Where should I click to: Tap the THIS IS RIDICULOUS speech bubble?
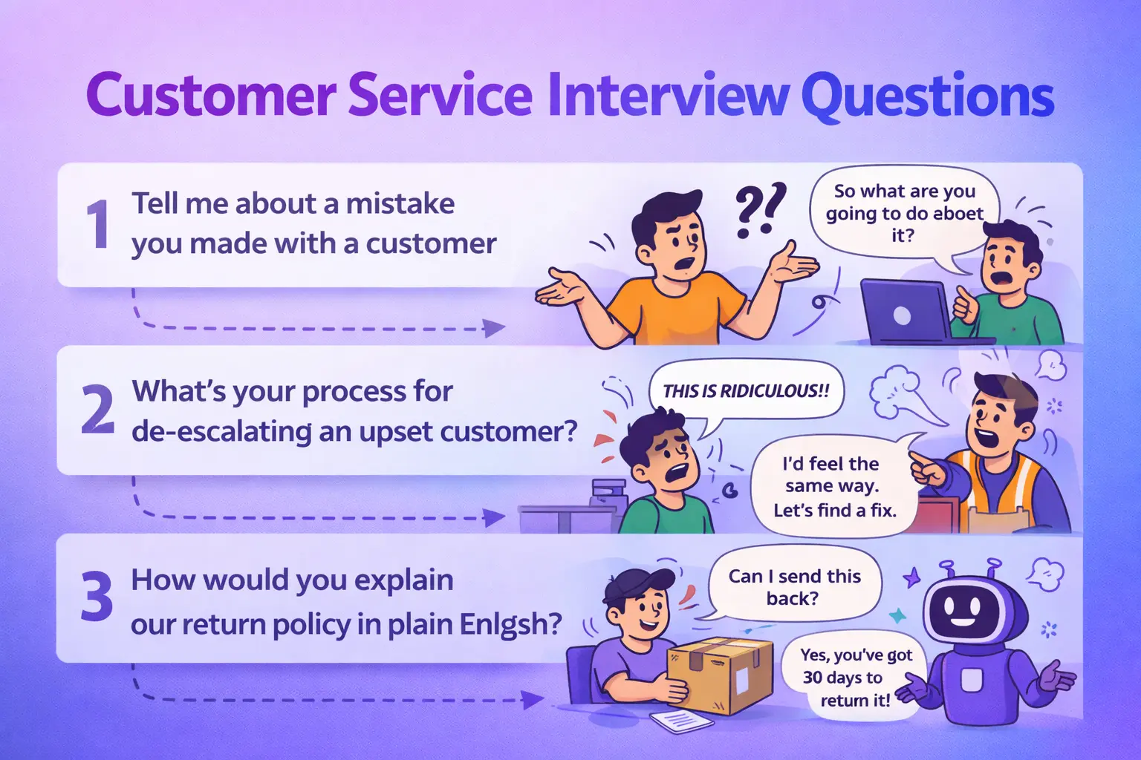746,391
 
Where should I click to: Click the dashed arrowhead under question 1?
494,327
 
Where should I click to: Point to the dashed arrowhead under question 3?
532,699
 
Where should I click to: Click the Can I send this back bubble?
794,586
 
